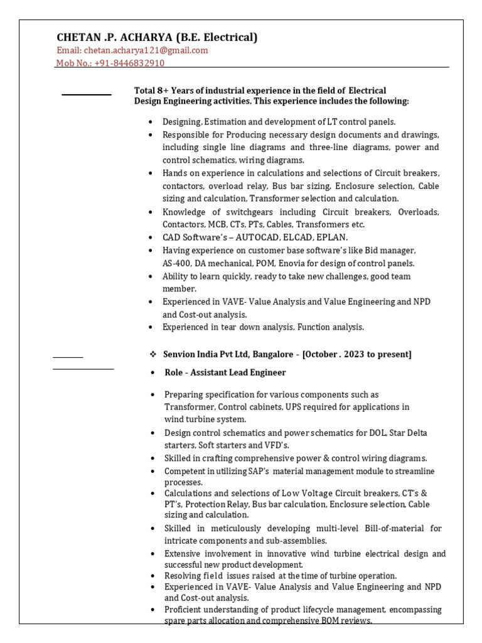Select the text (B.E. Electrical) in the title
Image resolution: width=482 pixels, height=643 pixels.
(x=217, y=38)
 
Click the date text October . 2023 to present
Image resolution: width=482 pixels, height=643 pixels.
(x=357, y=354)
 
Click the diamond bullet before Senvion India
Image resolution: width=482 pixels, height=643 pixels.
(x=153, y=354)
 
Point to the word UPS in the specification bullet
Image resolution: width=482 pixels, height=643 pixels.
(x=294, y=407)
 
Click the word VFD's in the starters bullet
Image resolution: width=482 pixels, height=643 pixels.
(x=275, y=445)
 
